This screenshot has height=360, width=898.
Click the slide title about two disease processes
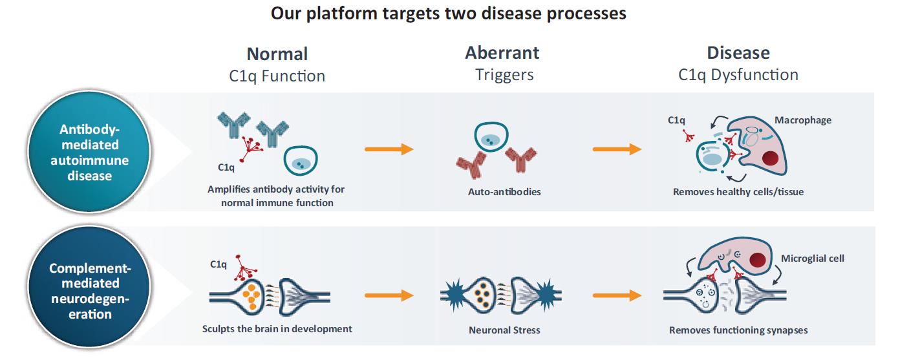[x=449, y=14]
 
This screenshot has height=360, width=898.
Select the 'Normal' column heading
[x=277, y=53]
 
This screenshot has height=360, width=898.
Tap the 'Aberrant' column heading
[x=502, y=52]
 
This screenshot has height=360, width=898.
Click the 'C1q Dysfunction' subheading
[x=738, y=75]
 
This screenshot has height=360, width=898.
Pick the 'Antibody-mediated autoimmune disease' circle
[x=90, y=153]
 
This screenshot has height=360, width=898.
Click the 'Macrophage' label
[x=802, y=120]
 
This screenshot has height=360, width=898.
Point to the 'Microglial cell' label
[x=813, y=259]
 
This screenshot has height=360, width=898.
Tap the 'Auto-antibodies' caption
[x=504, y=192]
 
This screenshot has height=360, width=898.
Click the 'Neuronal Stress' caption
[x=504, y=330]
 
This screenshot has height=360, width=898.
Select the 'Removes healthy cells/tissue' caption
[x=738, y=192]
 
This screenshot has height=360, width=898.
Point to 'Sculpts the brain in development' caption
[x=277, y=328]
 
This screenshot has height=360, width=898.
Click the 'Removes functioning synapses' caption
[x=738, y=330]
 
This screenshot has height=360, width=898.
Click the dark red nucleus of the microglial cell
[x=759, y=262]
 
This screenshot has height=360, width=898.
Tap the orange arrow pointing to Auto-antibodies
[x=389, y=150]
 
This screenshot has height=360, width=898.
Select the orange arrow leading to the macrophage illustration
[x=617, y=150]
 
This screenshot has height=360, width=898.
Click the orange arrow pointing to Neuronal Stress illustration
[x=389, y=295]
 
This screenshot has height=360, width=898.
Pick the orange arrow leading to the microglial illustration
[x=617, y=295]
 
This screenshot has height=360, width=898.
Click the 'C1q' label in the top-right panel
[x=676, y=120]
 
